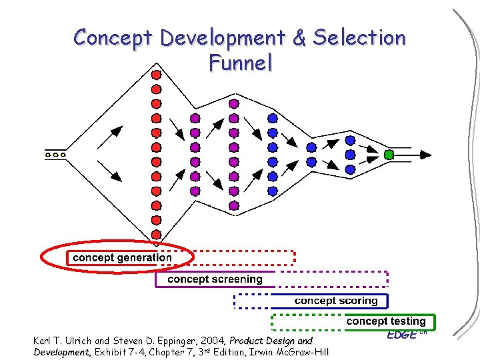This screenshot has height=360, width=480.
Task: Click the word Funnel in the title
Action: click(x=241, y=63)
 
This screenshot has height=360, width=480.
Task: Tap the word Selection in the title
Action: click(x=359, y=38)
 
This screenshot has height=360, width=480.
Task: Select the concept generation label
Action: click(x=122, y=257)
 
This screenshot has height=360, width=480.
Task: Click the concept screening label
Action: click(x=215, y=279)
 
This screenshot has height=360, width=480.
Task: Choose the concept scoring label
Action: click(x=335, y=301)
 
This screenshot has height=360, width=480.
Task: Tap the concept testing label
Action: click(x=385, y=321)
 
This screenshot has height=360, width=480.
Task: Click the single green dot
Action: click(x=389, y=155)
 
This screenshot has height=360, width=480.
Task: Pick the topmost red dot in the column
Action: click(x=156, y=74)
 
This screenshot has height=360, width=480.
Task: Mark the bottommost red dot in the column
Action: click(x=156, y=235)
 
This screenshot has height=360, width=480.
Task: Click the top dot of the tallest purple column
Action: click(x=233, y=104)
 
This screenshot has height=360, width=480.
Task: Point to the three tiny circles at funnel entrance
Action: click(x=55, y=155)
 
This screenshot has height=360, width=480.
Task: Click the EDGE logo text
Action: click(x=402, y=334)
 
